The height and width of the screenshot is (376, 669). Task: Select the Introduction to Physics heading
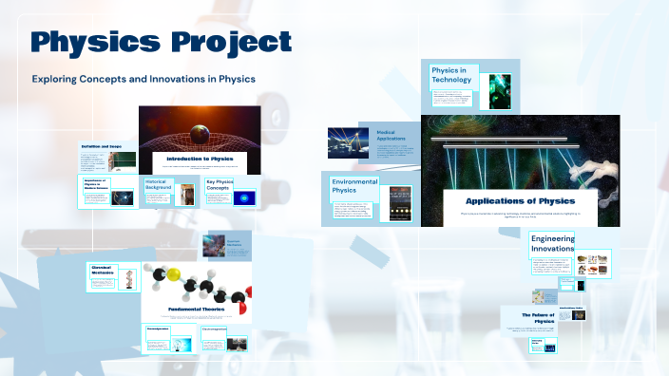click(200, 159)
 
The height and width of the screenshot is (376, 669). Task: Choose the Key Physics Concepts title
click(220, 184)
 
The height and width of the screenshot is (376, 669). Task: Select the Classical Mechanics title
click(102, 272)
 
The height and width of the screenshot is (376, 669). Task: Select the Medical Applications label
click(391, 136)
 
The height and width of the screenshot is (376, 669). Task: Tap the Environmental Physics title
click(354, 185)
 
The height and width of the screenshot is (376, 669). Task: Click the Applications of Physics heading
click(520, 200)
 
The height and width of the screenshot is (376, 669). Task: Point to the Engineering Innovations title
click(553, 243)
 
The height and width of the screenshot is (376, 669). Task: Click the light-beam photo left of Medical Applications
click(342, 141)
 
